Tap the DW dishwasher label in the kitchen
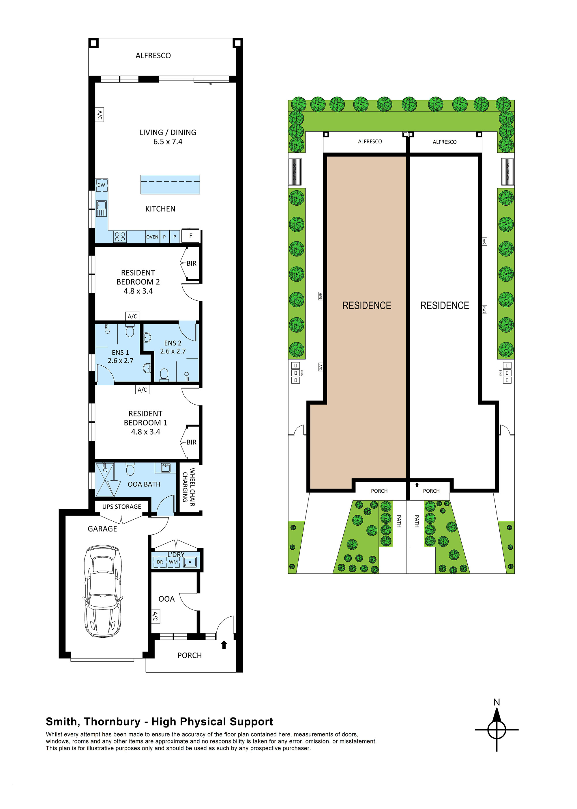[101, 185]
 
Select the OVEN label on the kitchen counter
[152, 237]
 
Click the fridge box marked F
[190, 236]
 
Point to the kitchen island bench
[170, 184]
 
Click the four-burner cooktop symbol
[120, 237]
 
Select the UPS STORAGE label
[121, 506]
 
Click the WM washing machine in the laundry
[173, 562]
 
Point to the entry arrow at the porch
[224, 645]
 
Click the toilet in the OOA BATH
[130, 469]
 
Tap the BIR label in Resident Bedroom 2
[191, 263]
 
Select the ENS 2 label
[173, 343]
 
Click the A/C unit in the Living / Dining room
[100, 114]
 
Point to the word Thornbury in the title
[112, 721]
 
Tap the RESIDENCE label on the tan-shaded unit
[366, 306]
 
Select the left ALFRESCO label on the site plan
[370, 142]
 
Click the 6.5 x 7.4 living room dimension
[168, 142]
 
